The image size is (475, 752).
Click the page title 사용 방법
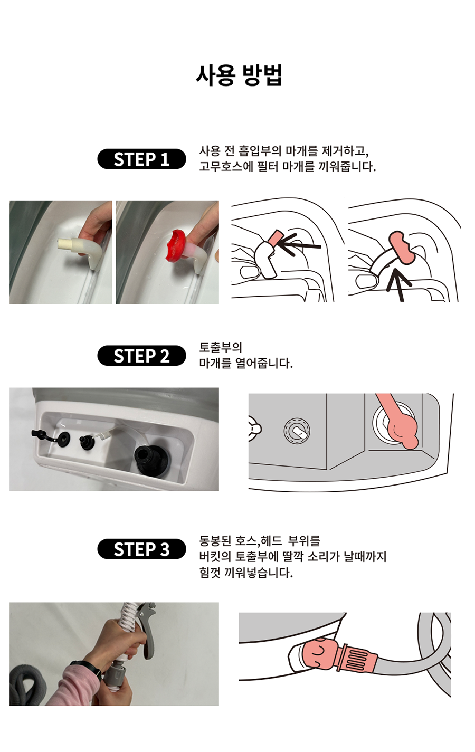pyautogui.click(x=239, y=75)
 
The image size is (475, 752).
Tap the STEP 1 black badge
pyautogui.click(x=141, y=159)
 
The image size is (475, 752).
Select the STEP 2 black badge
pyautogui.click(x=141, y=356)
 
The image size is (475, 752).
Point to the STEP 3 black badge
pyautogui.click(x=141, y=549)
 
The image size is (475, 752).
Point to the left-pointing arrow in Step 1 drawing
pyautogui.click(x=298, y=244)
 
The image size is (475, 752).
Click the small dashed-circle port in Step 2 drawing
pyautogui.click(x=297, y=431)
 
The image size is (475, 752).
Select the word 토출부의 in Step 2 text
pyautogui.click(x=221, y=347)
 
